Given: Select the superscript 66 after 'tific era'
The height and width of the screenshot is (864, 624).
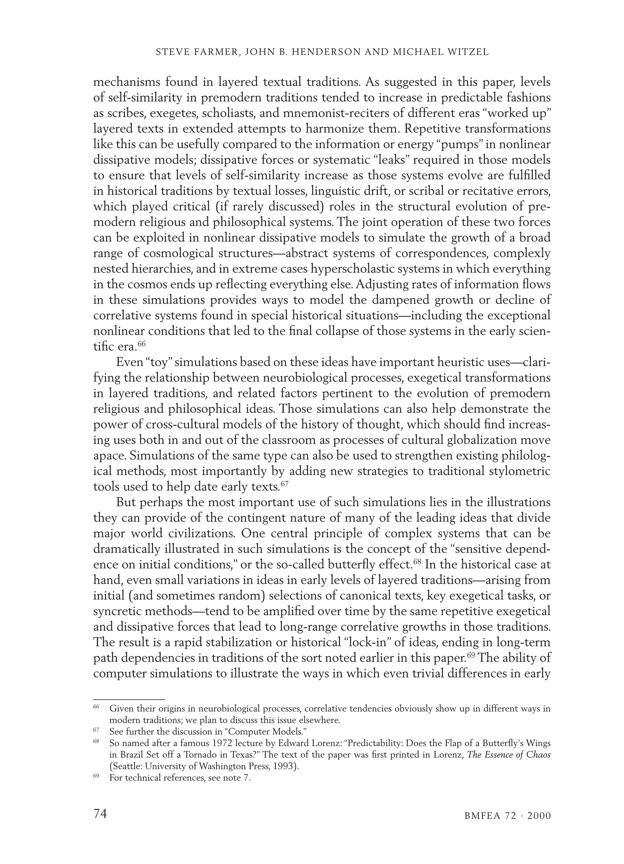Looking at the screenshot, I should [141, 344].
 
